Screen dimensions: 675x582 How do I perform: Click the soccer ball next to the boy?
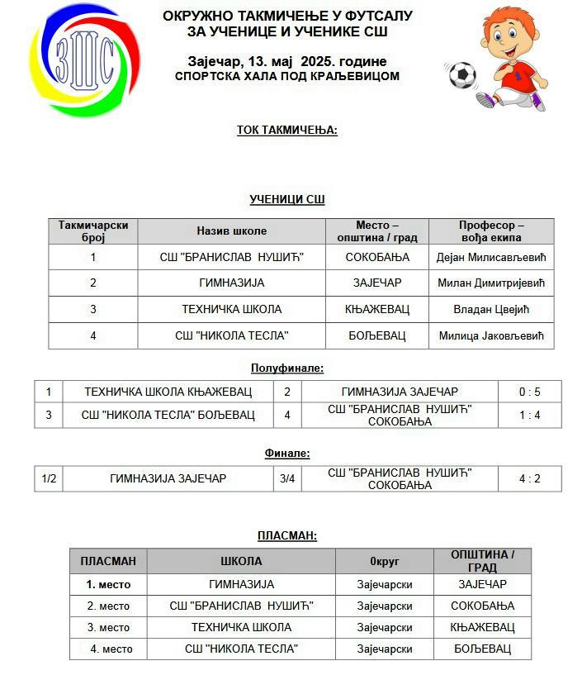tap(462, 75)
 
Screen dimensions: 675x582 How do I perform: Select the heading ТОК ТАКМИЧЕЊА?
tap(286, 130)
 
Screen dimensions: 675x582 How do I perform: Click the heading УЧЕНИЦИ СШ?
tap(286, 199)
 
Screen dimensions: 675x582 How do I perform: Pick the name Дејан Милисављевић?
tap(491, 257)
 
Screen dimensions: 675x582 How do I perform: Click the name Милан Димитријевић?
tap(491, 283)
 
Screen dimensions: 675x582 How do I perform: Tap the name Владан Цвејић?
tap(491, 309)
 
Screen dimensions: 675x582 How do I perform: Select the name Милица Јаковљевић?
tap(491, 335)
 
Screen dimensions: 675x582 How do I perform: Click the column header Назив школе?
tap(231, 231)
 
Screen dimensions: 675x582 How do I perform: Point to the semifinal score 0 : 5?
tap(529, 392)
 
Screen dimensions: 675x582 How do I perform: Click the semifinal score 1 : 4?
tap(529, 415)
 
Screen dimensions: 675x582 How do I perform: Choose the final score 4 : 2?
tap(529, 478)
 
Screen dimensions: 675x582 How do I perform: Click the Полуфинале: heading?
tap(287, 368)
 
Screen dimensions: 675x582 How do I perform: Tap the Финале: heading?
tap(287, 453)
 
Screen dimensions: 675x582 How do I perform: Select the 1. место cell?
tap(108, 584)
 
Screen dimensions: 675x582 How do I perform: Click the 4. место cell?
tap(111, 649)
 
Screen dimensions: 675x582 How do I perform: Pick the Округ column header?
tap(384, 561)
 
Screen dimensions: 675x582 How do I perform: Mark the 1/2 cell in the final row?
tap(49, 478)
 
